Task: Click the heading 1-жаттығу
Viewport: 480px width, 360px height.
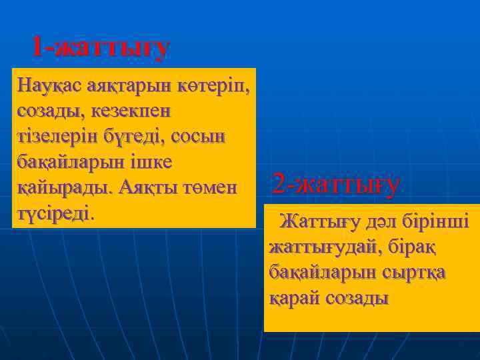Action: pos(101,47)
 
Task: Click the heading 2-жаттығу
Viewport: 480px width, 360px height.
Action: pos(337,185)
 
